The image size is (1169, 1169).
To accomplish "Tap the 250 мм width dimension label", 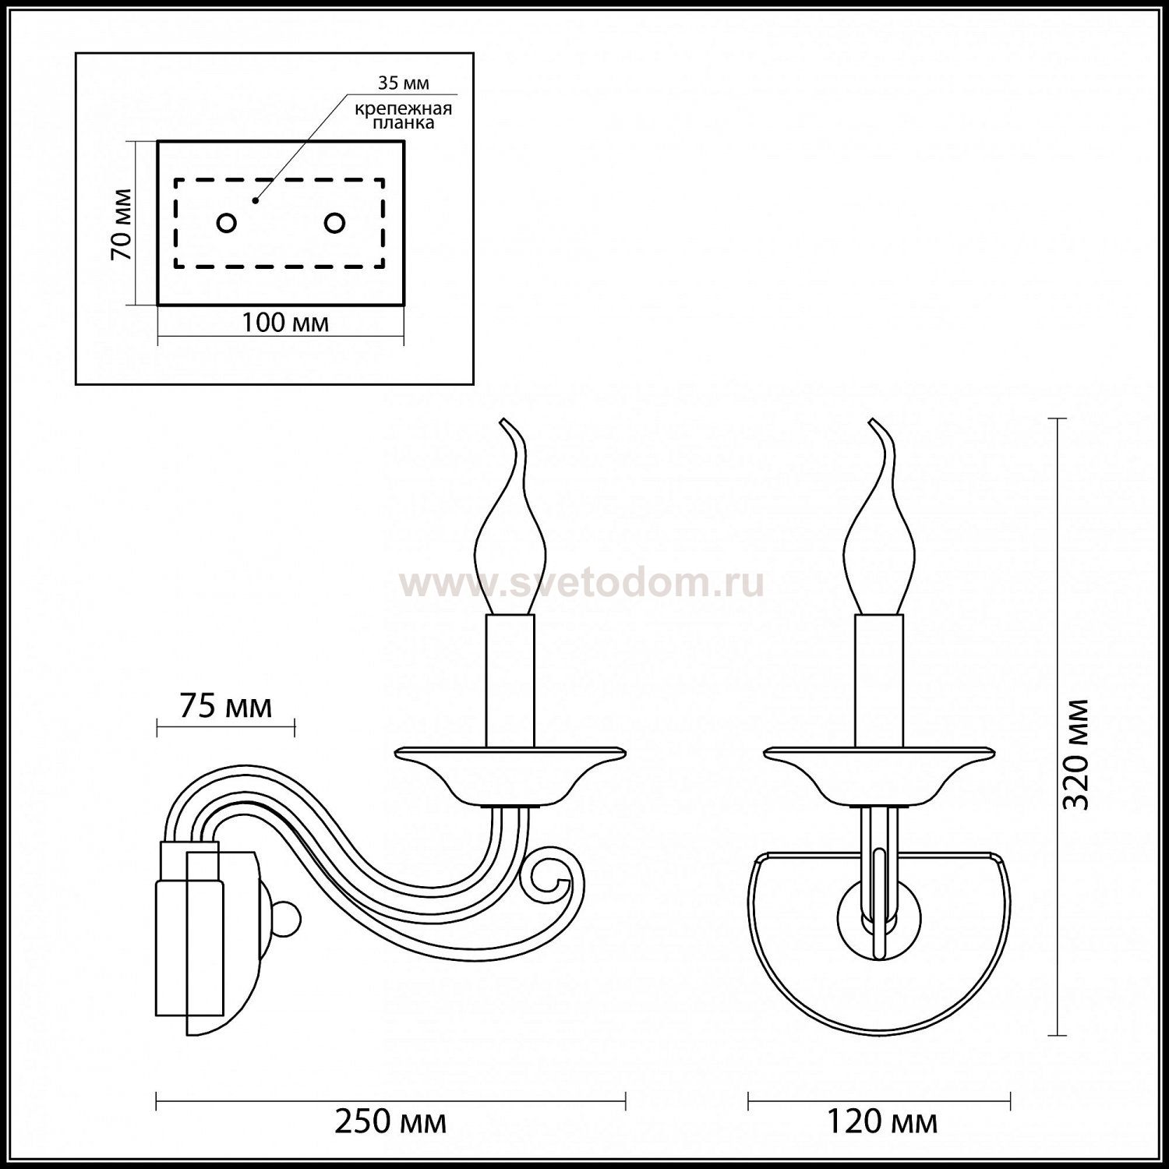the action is coord(391,1122).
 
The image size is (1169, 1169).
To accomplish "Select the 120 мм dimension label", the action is coord(881,1122).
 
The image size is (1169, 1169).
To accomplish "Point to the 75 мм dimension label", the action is coord(226,706).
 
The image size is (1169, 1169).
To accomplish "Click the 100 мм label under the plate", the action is coord(284,322).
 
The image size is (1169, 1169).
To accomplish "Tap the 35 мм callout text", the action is coord(404,83).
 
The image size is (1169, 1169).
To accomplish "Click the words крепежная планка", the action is coord(404,115).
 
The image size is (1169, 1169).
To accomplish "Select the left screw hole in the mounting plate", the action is coord(226,224).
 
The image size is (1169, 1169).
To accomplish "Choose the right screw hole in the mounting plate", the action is coord(335,224).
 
